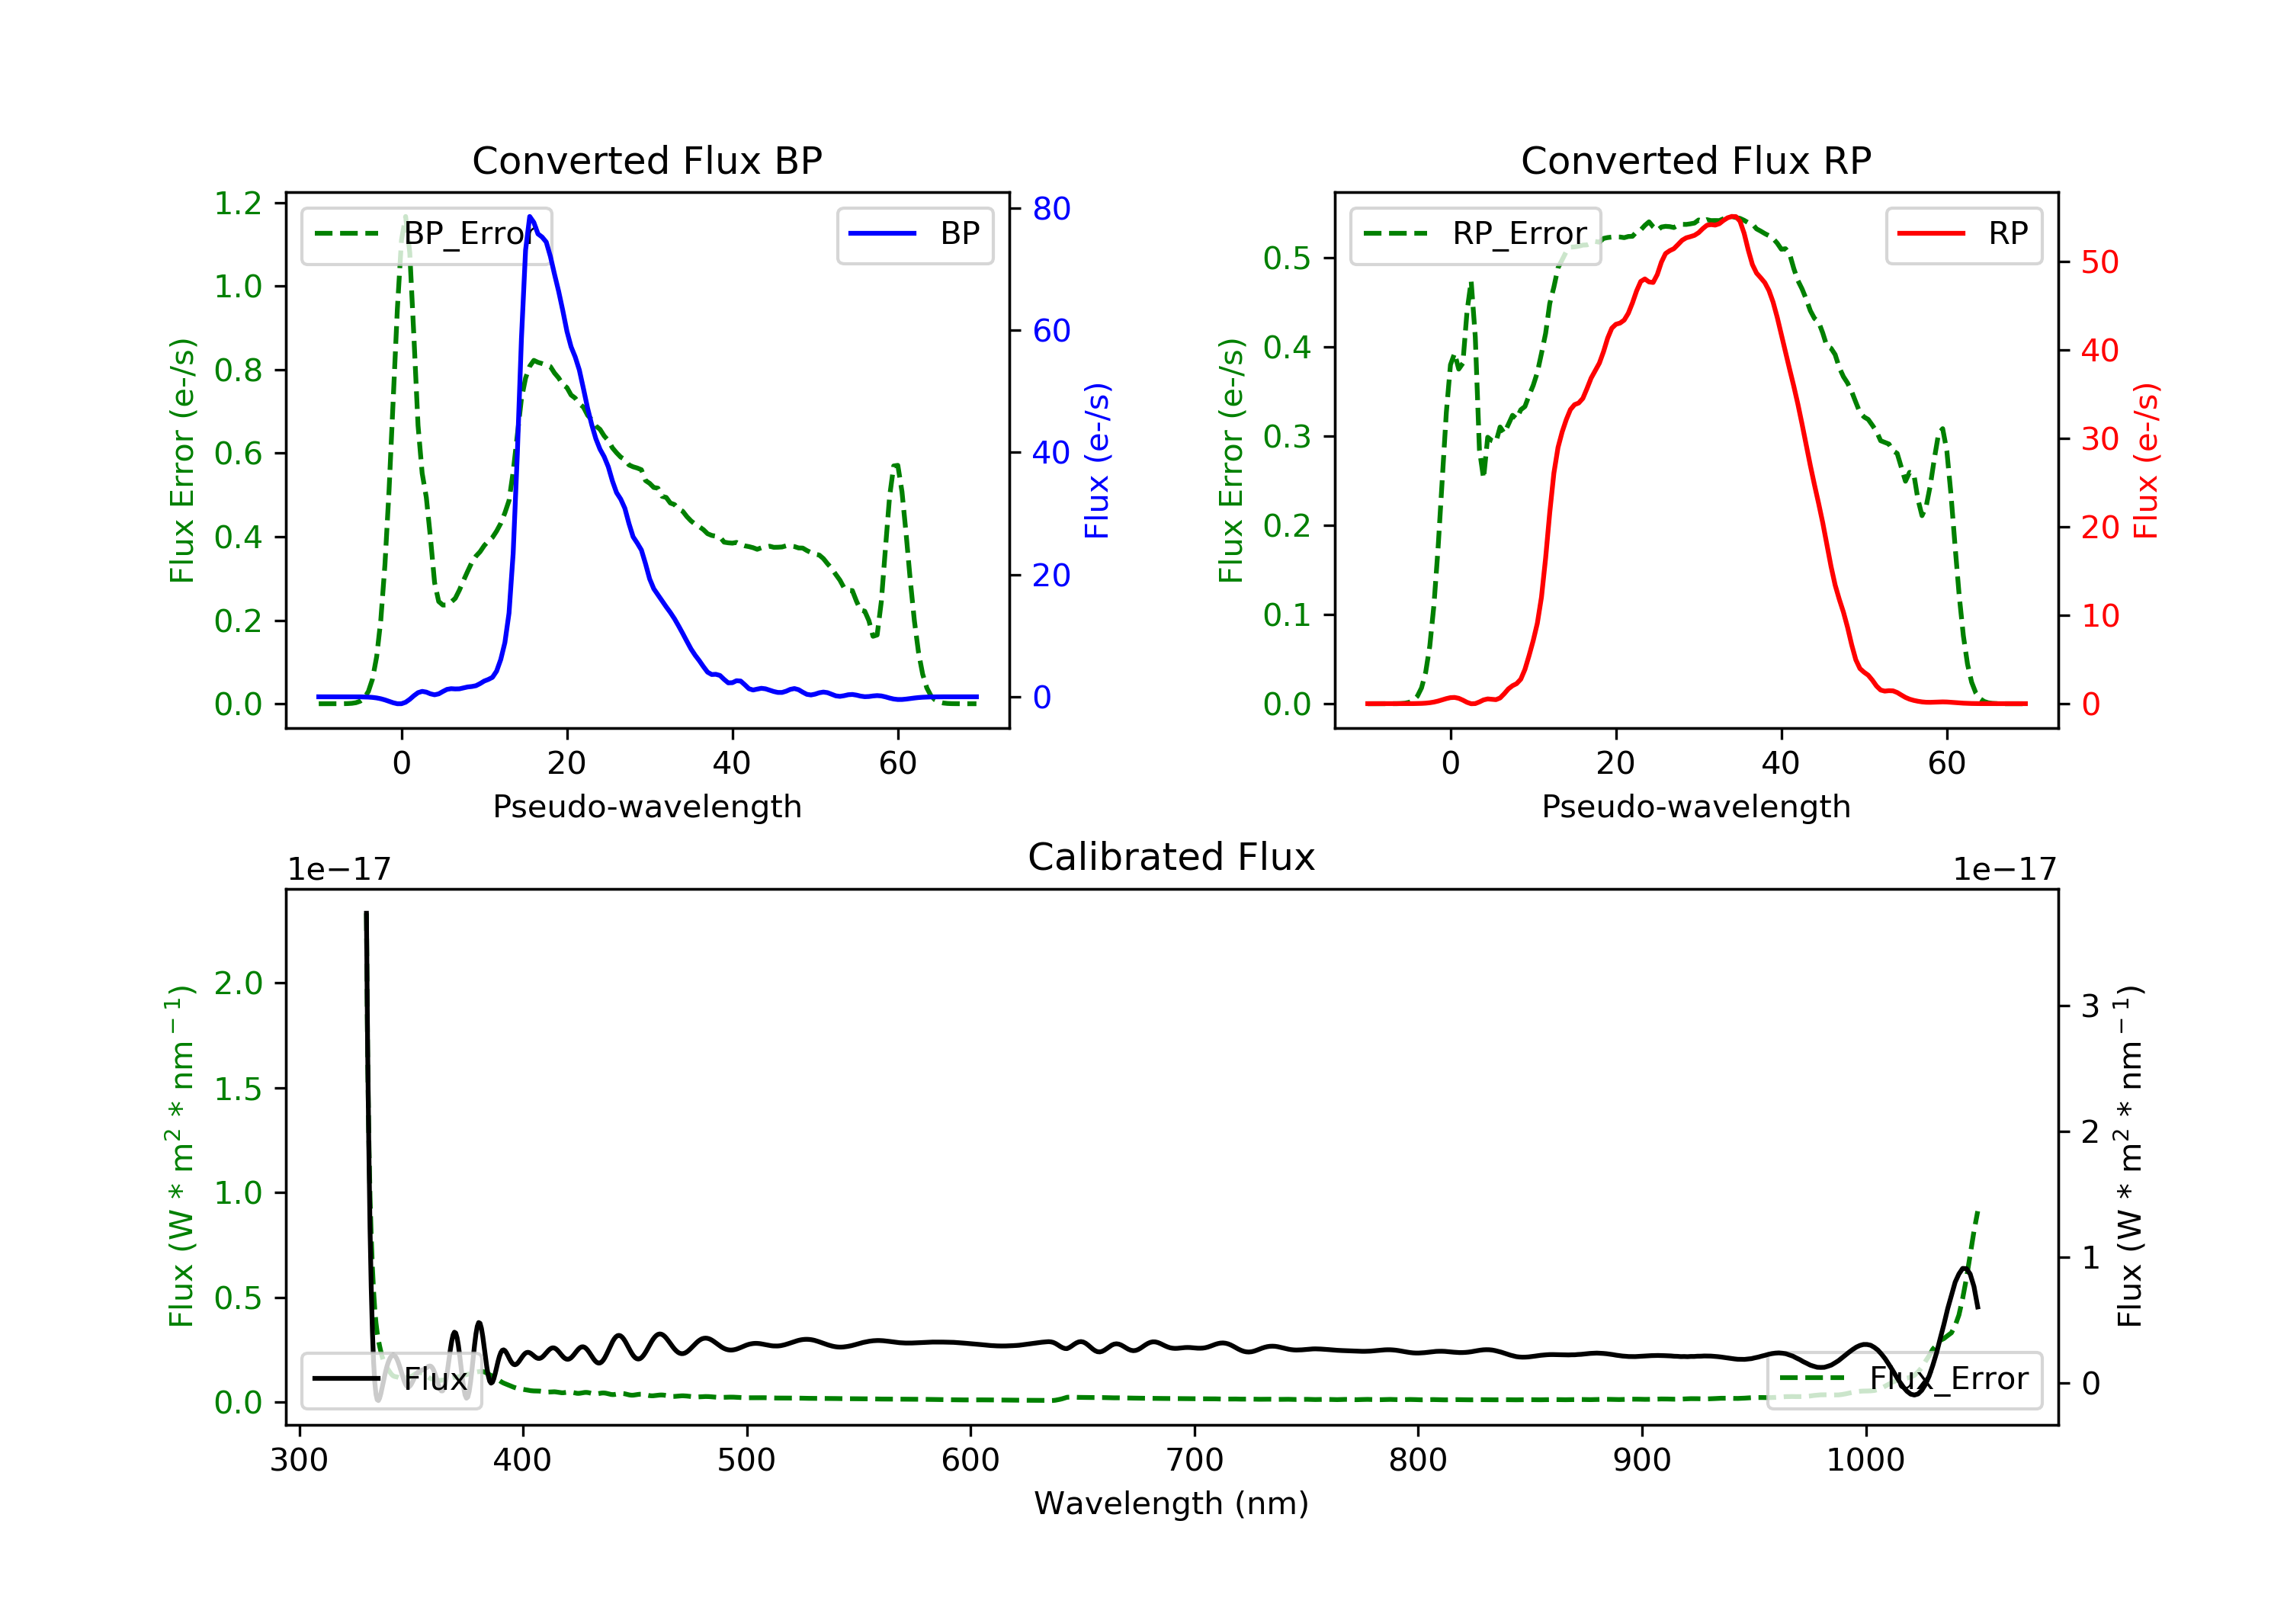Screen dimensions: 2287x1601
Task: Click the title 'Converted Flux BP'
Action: [646, 160]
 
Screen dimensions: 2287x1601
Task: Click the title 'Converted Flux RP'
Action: [1695, 160]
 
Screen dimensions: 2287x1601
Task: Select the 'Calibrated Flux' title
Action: [1172, 857]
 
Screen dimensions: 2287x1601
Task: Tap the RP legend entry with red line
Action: [1962, 233]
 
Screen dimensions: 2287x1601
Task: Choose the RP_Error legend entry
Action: [1474, 234]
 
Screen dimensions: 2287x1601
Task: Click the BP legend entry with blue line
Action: [913, 233]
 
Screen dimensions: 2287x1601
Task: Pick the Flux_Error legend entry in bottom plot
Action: [1904, 1379]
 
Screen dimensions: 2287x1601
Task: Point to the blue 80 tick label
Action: [1050, 208]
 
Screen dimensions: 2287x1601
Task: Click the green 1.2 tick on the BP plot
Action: [238, 204]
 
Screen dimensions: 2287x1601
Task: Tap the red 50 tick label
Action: [2099, 262]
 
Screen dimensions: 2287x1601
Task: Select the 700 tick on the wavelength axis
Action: [1195, 1461]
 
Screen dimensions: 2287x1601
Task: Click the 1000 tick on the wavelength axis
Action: [1865, 1461]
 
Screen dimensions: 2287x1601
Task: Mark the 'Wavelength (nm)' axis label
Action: [1172, 1503]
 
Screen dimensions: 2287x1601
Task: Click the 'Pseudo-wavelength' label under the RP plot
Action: [1695, 806]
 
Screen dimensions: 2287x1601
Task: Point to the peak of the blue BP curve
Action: [530, 217]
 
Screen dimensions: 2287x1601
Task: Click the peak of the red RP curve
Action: [1734, 217]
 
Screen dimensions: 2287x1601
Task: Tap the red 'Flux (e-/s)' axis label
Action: [2144, 460]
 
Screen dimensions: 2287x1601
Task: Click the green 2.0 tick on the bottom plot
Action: [238, 983]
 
